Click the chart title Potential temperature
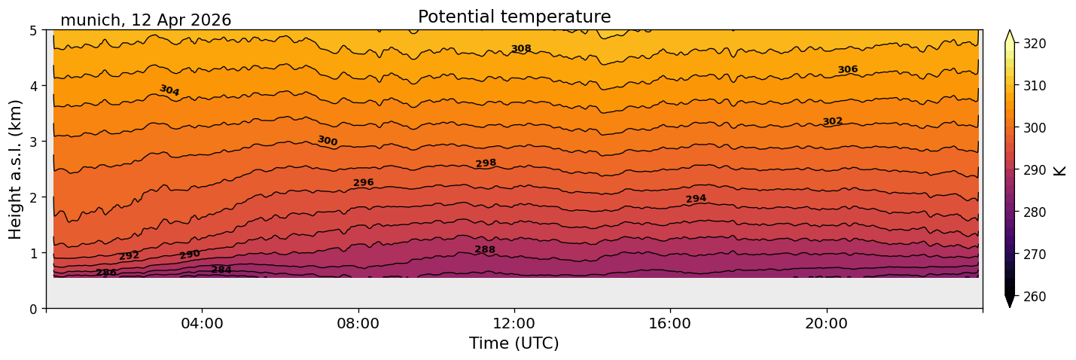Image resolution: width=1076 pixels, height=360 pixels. pos(514,17)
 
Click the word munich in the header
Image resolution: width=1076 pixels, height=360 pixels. pos(90,20)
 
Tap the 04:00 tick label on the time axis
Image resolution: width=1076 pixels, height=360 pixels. pos(202,323)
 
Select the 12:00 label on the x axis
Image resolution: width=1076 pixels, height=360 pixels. pos(514,323)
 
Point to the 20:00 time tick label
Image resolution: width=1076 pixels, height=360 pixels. pos(826,323)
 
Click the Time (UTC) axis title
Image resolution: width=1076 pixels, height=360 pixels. pos(514,343)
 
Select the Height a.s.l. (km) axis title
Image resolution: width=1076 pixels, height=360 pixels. pos(15,169)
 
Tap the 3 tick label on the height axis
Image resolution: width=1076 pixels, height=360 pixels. pos(33,142)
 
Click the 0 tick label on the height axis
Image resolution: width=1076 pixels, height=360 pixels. pos(33,309)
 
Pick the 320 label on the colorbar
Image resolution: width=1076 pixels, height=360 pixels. pos(1035,44)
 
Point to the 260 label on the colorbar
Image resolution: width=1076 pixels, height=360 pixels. pos(1035,297)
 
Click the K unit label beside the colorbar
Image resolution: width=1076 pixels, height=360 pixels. pos(1059,171)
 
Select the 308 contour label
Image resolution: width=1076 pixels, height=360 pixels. pos(521,48)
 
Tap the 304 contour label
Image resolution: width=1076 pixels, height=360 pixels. pos(169,90)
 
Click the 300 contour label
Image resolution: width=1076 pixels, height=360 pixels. pos(328,141)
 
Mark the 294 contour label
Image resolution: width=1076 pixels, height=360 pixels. pos(696,199)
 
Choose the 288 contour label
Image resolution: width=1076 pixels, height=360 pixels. pos(485,249)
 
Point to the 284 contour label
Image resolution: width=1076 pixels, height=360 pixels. pos(221,270)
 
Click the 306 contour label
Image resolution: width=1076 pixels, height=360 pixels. pos(848,69)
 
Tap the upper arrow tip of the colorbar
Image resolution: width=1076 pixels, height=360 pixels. pos(1010,30)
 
